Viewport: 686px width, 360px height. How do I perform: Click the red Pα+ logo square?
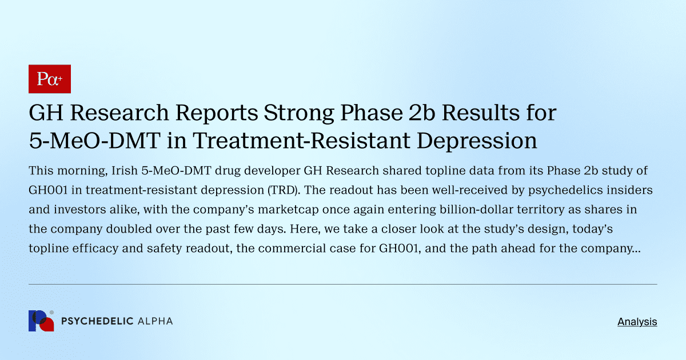pyautogui.click(x=49, y=79)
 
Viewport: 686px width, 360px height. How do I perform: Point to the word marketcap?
pyautogui.click(x=249, y=210)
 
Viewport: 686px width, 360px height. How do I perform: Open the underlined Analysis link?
pyautogui.click(x=637, y=322)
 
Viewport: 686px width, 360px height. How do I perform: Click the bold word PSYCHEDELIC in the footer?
pyautogui.click(x=97, y=321)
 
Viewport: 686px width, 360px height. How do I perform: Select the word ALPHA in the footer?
pyautogui.click(x=155, y=321)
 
